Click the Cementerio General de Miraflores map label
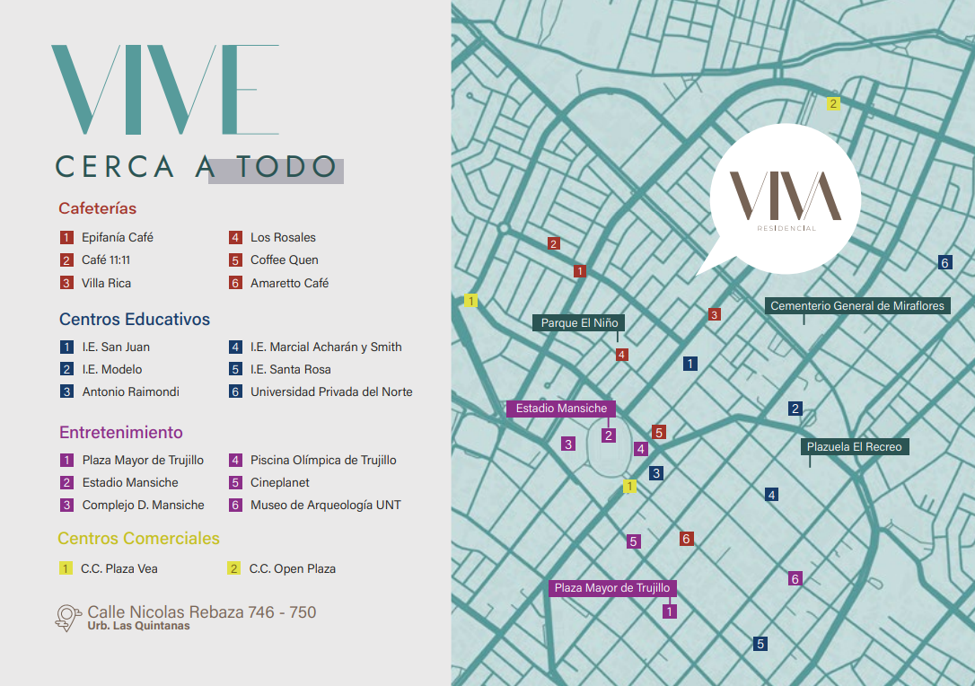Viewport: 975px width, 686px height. (857, 306)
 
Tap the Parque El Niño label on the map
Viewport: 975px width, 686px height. (579, 323)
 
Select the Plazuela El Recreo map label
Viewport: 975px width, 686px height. (854, 447)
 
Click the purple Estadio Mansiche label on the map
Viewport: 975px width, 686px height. (561, 409)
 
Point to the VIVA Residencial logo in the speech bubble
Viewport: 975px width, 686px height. (786, 198)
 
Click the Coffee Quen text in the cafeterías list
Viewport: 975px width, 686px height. (284, 260)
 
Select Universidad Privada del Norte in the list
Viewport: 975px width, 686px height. (331, 391)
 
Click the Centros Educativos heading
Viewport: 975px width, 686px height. (135, 320)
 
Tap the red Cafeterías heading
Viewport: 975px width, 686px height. (98, 208)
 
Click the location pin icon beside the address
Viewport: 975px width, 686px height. (68, 617)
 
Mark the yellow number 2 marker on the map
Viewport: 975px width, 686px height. (833, 103)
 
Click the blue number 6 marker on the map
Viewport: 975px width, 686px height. (944, 263)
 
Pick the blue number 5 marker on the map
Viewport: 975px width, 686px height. (760, 644)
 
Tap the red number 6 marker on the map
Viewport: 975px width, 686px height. (687, 539)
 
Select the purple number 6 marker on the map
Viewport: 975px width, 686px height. (795, 579)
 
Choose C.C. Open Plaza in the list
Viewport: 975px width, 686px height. (292, 568)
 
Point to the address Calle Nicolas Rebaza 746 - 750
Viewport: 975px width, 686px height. (201, 612)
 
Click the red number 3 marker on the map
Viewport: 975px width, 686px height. (715, 314)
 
